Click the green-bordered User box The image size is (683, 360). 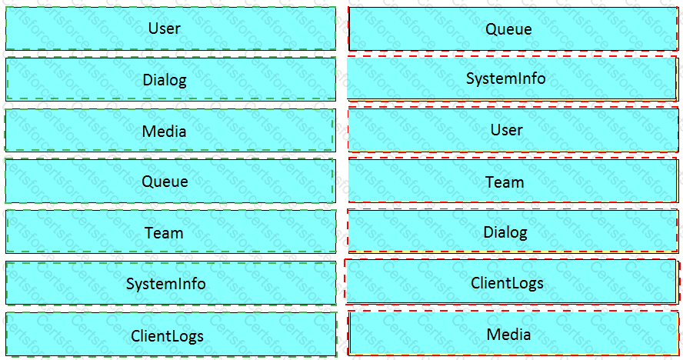click(171, 28)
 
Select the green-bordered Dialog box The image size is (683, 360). click(171, 79)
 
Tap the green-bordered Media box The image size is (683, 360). click(171, 131)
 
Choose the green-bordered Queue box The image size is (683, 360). click(171, 182)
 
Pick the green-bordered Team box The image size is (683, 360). click(171, 232)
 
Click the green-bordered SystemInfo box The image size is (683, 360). click(171, 283)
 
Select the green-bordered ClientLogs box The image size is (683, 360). click(171, 335)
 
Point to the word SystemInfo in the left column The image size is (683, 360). click(166, 284)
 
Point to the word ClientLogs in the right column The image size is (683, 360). click(508, 283)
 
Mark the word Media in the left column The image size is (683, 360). click(165, 132)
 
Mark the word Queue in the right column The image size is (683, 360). click(508, 30)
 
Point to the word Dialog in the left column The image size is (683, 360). click(165, 80)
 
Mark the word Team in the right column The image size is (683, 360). click(505, 182)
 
